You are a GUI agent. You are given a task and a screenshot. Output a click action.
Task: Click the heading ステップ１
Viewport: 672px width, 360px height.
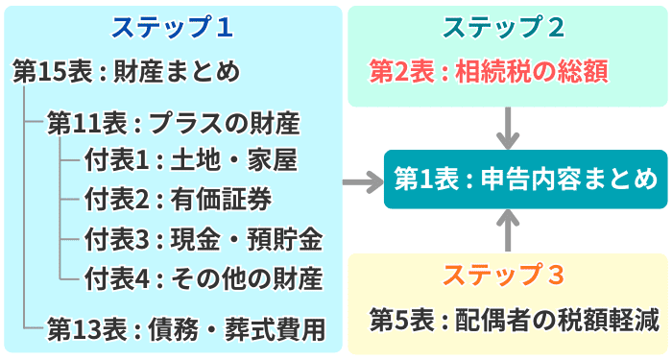(x=172, y=28)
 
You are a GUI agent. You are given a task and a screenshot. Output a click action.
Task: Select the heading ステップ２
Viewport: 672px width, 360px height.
(x=504, y=28)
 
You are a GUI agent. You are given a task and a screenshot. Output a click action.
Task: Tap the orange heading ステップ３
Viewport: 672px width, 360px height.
(x=504, y=275)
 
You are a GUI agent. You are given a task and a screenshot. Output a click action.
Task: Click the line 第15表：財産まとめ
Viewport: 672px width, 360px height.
(x=127, y=71)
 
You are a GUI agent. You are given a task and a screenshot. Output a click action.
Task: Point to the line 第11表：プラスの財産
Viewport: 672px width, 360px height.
(x=174, y=124)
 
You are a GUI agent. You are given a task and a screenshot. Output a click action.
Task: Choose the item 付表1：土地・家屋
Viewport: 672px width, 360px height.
(x=191, y=160)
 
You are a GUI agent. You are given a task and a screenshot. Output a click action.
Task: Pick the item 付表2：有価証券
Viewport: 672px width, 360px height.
(x=178, y=200)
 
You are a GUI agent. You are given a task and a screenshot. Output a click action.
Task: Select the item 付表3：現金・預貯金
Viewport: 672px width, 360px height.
(x=204, y=239)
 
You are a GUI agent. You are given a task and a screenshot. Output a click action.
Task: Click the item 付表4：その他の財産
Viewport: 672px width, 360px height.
(x=204, y=278)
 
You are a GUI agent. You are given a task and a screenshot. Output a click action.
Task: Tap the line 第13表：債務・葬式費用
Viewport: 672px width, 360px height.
(x=186, y=329)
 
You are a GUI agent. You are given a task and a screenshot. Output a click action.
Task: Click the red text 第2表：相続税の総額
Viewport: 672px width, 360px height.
(x=489, y=71)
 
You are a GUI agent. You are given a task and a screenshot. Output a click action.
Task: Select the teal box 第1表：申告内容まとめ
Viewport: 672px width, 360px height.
(x=525, y=180)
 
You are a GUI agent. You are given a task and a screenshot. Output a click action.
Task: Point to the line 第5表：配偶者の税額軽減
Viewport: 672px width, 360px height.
(x=515, y=320)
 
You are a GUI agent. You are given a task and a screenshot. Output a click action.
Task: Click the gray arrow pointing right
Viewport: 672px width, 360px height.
(x=363, y=182)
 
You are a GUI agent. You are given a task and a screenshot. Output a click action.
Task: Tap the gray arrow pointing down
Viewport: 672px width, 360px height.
(x=508, y=128)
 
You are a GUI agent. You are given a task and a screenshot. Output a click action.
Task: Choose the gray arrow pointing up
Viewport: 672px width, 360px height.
(x=508, y=230)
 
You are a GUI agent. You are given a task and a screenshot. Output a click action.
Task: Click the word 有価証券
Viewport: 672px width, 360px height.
(x=221, y=200)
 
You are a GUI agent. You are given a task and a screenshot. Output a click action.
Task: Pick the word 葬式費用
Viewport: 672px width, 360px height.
(x=275, y=329)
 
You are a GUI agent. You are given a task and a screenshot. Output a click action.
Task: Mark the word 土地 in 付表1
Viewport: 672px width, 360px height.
(x=196, y=160)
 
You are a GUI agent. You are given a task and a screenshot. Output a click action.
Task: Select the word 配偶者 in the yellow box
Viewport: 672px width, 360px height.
(x=492, y=320)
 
